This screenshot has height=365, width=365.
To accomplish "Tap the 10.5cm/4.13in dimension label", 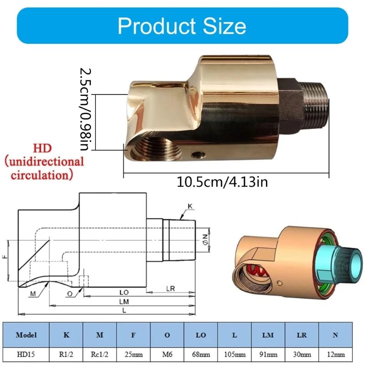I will (x=222, y=182).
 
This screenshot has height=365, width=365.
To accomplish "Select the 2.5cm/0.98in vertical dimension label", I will (x=87, y=109).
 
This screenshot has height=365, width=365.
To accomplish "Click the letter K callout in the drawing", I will (x=191, y=207).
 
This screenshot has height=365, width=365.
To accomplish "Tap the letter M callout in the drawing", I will (x=33, y=293).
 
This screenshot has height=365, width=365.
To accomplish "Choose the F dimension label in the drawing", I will (x=5, y=257).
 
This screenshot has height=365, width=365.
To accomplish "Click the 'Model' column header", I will (x=26, y=334).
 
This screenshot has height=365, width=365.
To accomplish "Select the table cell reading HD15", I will (x=26, y=354).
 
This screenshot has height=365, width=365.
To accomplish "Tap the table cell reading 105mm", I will (x=235, y=354).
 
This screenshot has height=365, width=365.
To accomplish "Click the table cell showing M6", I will (x=167, y=354).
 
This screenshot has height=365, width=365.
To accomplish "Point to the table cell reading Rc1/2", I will (x=100, y=354).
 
